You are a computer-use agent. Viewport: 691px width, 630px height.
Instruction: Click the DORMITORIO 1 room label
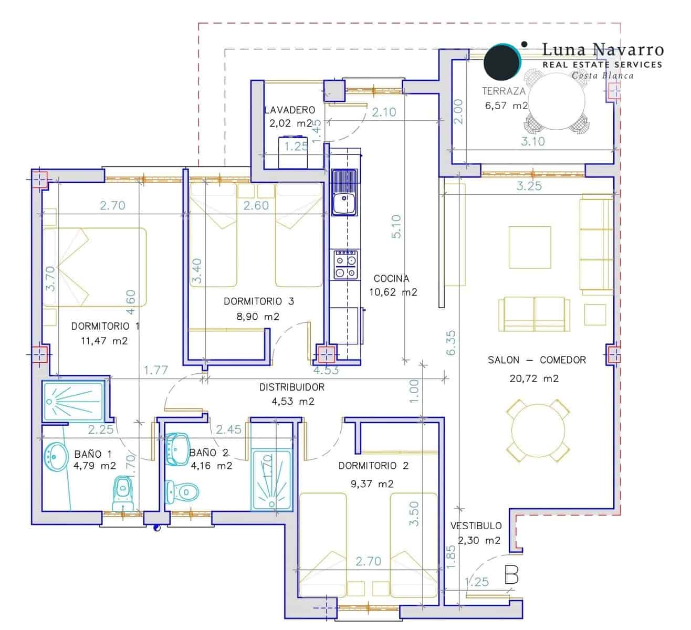pos(105,326)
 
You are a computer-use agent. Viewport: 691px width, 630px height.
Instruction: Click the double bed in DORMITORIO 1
pos(95,267)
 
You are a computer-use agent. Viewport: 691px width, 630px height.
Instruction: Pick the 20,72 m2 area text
pos(534,378)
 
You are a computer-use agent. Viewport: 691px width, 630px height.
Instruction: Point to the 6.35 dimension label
pos(451,342)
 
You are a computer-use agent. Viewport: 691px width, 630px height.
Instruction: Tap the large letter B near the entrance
pos(511,575)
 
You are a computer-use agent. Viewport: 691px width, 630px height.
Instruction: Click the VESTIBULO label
pos(476,526)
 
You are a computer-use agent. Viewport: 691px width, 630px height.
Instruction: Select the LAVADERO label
pos(289,110)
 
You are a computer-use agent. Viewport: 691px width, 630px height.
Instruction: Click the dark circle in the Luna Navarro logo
pos(501,61)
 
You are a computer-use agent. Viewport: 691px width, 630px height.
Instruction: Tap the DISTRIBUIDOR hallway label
pos(292,387)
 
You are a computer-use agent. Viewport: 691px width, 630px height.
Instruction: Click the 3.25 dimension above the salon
pos(529,186)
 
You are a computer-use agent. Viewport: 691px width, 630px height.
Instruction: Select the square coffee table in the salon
pos(530,247)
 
